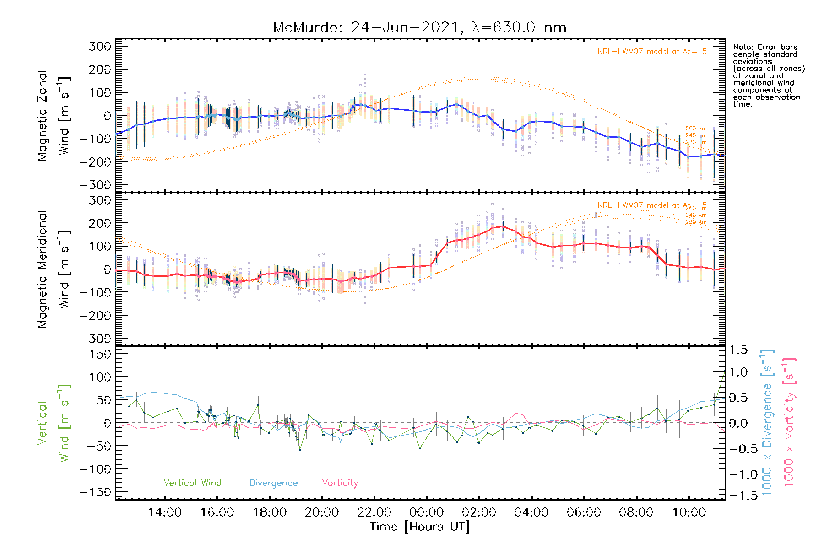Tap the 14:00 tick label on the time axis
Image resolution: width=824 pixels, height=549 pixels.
point(165,512)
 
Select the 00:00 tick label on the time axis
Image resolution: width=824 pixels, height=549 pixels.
point(427,512)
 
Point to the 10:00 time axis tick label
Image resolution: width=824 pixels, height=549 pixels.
point(688,512)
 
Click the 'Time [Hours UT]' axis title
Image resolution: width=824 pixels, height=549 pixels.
point(420,527)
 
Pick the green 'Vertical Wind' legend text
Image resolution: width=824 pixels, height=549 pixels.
point(192,483)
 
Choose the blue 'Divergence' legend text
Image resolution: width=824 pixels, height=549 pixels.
point(273,483)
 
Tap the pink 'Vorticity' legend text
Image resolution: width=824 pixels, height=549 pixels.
point(340,483)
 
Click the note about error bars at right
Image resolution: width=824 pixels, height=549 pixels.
point(768,75)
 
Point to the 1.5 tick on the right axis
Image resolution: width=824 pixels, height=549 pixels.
point(738,350)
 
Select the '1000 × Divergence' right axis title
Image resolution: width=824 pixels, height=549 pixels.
point(767,423)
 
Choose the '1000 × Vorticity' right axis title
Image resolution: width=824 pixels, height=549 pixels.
point(789,423)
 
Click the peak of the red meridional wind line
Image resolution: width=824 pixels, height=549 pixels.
point(503,226)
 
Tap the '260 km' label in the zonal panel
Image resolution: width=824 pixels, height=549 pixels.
point(696,129)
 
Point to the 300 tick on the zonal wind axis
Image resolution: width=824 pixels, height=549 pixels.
point(100,47)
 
